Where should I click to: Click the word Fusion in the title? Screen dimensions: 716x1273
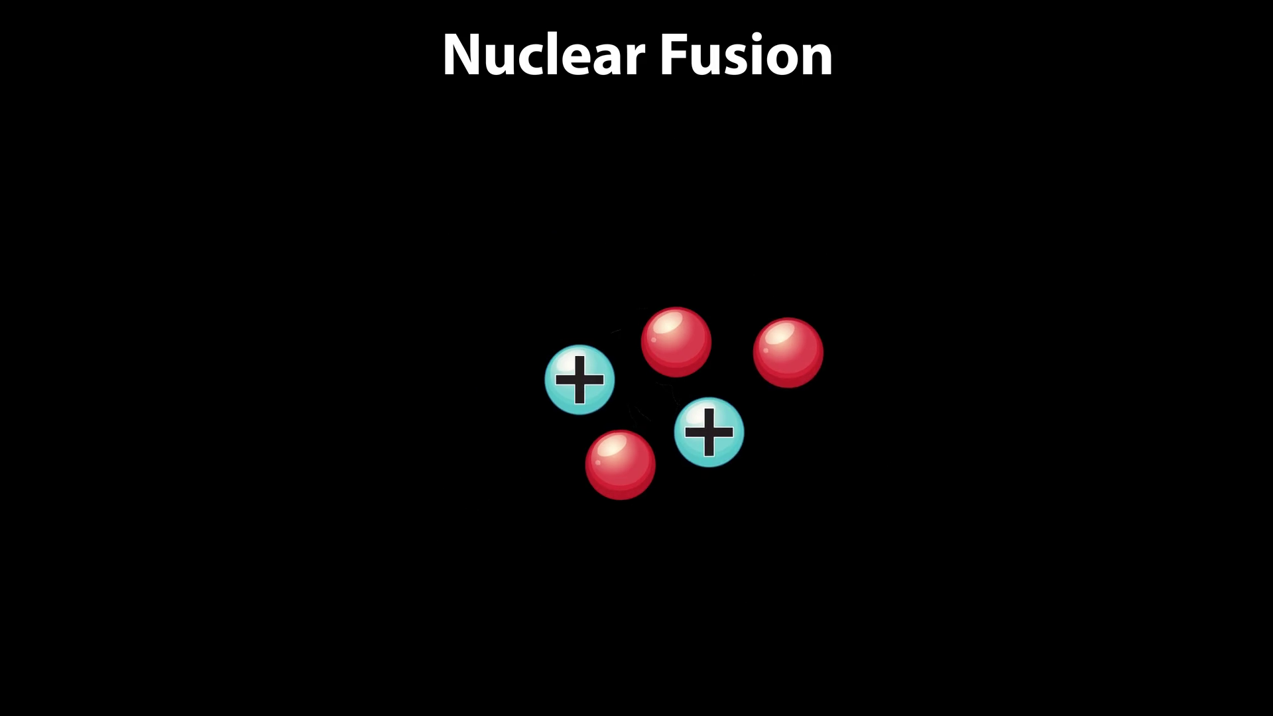(x=746, y=55)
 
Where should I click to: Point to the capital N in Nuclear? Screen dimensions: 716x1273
(x=463, y=55)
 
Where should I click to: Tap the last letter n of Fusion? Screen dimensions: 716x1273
(x=815, y=60)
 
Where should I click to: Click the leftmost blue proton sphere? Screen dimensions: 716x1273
(x=579, y=380)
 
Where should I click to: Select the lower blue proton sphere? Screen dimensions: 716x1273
(x=709, y=432)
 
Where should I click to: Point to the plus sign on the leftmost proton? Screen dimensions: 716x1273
(x=579, y=380)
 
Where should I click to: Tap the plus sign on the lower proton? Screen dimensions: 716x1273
(x=709, y=432)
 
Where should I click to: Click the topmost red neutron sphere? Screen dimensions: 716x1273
(x=676, y=342)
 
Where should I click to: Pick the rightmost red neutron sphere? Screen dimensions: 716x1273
(x=788, y=353)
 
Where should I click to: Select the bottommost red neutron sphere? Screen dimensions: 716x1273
(x=620, y=465)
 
